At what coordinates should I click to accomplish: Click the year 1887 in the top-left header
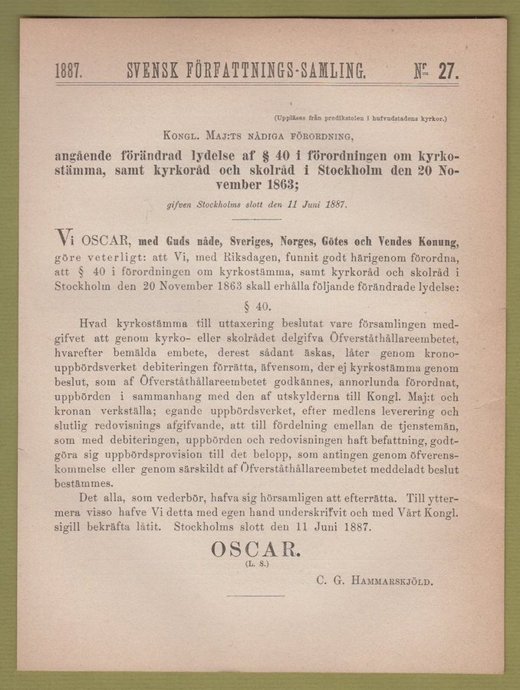pos(68,72)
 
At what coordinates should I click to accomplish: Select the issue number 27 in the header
pos(447,72)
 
